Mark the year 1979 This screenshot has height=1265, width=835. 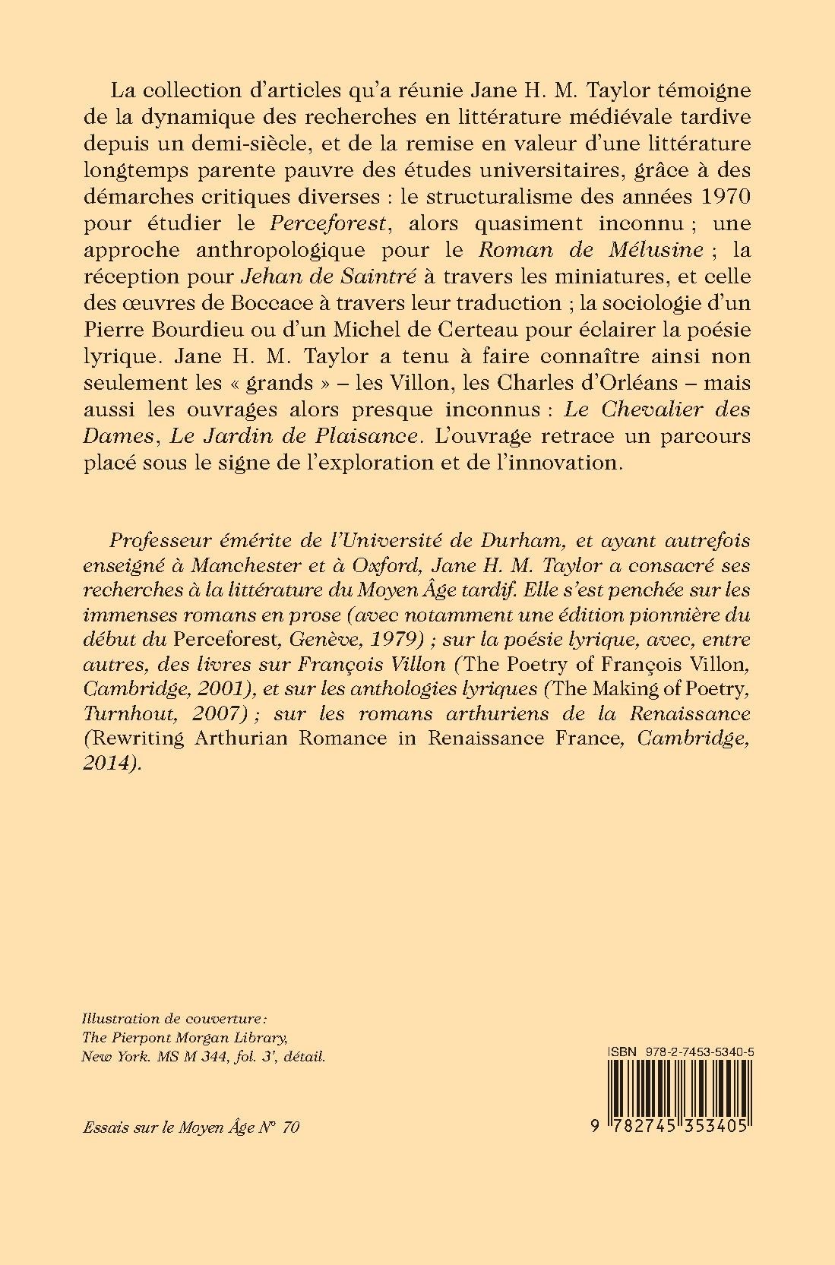coord(388,638)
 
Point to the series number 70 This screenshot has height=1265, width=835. coord(290,1127)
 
